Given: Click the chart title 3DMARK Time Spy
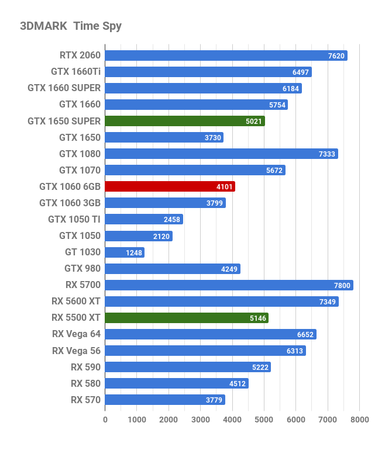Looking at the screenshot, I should click(x=71, y=26).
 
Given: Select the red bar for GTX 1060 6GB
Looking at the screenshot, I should click(x=170, y=187).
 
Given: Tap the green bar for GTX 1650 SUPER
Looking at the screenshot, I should click(x=185, y=121).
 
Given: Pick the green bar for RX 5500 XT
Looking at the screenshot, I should click(x=187, y=318).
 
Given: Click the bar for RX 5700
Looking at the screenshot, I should click(x=229, y=285).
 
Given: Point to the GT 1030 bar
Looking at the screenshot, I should click(x=125, y=252).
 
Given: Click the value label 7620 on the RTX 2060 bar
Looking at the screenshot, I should click(x=336, y=56).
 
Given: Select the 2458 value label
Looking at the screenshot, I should click(x=172, y=220).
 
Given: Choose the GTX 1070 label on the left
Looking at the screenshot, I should click(x=80, y=170).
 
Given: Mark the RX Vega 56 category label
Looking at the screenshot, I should click(x=76, y=351).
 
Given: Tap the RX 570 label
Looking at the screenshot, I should click(x=85, y=400).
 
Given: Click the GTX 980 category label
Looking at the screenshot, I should click(x=82, y=269).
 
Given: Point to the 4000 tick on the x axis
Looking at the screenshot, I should click(x=232, y=420).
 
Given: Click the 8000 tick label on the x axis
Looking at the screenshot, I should click(x=360, y=420).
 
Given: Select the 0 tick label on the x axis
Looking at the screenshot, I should click(x=105, y=420).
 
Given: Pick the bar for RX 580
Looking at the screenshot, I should click(x=177, y=383).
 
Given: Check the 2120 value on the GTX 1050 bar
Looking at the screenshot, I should click(x=161, y=236).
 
